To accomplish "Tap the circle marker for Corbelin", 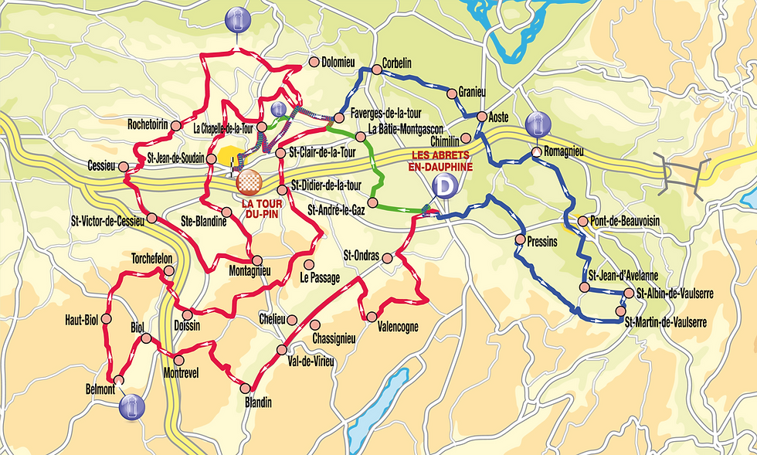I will (x=376, y=70).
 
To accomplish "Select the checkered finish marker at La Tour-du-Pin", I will (x=249, y=182).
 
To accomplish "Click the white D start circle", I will (x=444, y=186).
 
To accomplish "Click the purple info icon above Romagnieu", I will (x=538, y=124).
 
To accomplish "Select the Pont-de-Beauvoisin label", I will (x=626, y=220).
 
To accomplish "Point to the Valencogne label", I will (x=398, y=327).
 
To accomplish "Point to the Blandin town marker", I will (x=246, y=388).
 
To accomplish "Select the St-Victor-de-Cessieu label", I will (x=107, y=220).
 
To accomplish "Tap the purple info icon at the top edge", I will (x=236, y=21).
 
